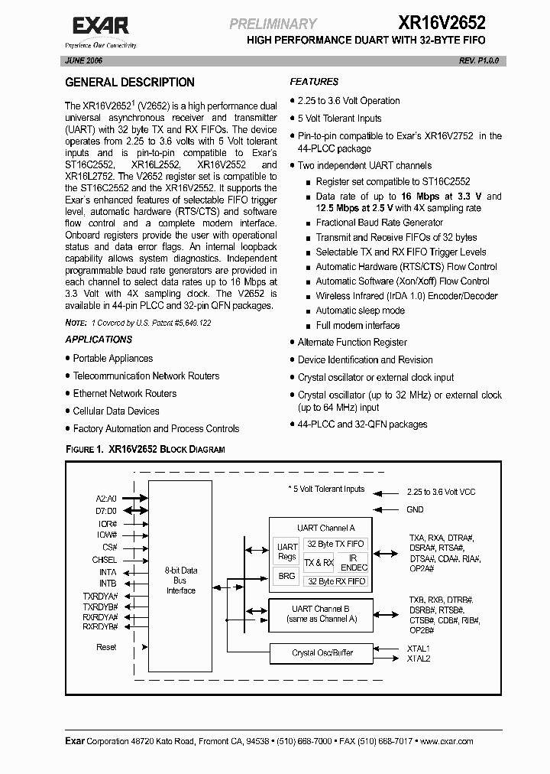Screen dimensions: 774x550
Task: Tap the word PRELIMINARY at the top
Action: tap(273, 24)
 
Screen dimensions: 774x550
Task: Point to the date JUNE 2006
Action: tap(85, 60)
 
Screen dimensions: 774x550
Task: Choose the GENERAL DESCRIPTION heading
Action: tap(130, 83)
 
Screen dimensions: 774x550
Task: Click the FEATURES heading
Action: tap(314, 82)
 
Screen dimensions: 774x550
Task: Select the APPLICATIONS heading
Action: tap(99, 340)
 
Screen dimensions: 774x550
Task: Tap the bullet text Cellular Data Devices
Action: tap(116, 411)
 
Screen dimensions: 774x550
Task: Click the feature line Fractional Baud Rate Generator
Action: tap(379, 223)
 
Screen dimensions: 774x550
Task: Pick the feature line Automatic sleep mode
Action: tap(361, 311)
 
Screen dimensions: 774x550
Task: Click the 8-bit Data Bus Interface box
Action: tap(180, 580)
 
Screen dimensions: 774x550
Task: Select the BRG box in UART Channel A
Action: tap(286, 576)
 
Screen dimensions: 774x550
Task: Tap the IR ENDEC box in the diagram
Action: tap(353, 563)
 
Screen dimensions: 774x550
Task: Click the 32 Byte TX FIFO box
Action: tap(335, 544)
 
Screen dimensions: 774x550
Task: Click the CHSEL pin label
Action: tap(105, 560)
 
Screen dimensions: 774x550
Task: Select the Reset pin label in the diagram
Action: tap(106, 647)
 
